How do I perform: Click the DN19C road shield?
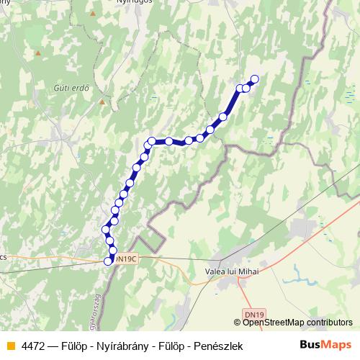pyautogui.click(x=125, y=258)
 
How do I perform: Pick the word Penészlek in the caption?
pyautogui.click(x=218, y=346)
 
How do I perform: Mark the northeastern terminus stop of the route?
pyautogui.click(x=253, y=80)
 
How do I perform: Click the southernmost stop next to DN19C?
pyautogui.click(x=109, y=261)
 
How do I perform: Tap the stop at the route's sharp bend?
pyautogui.click(x=151, y=142)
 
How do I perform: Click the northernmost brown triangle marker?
pyautogui.click(x=37, y=53)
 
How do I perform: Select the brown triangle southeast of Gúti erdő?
pyautogui.click(x=102, y=102)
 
